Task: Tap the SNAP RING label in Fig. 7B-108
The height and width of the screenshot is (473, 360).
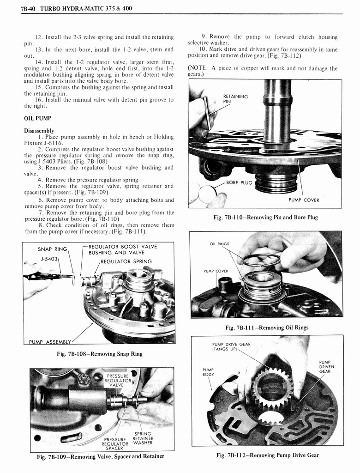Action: [x=53, y=249]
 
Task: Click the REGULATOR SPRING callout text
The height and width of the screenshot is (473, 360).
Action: [x=126, y=261]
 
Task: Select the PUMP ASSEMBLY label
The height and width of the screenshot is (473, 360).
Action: [x=50, y=342]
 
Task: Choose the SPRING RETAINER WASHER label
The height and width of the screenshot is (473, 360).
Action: [x=143, y=439]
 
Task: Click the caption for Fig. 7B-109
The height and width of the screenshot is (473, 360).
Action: [x=101, y=457]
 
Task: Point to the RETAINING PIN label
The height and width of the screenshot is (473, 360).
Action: [x=235, y=99]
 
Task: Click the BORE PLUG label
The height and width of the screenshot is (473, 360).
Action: [x=239, y=182]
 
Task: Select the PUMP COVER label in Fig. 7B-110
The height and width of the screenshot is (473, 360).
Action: [x=304, y=200]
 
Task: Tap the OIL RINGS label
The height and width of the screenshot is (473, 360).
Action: [x=220, y=243]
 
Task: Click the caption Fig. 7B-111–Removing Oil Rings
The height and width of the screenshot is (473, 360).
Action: [x=267, y=328]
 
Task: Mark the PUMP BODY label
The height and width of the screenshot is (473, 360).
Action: [x=209, y=372]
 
